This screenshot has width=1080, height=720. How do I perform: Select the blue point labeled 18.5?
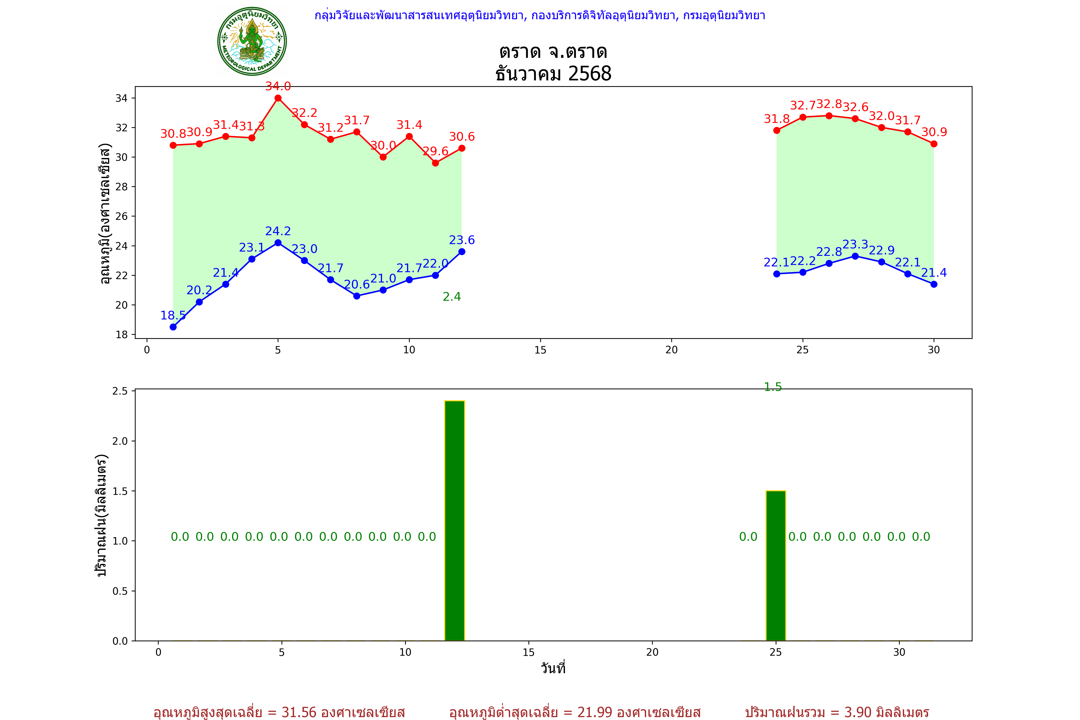(173, 327)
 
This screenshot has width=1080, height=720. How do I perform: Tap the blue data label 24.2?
(278, 231)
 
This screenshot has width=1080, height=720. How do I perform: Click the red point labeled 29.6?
(435, 163)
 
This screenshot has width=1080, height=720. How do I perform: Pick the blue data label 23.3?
(855, 244)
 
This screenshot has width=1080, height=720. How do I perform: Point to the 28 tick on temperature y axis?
(122, 186)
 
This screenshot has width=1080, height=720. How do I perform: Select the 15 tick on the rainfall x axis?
(528, 652)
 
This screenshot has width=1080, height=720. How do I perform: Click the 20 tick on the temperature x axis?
(671, 350)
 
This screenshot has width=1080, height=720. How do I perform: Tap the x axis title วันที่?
(553, 668)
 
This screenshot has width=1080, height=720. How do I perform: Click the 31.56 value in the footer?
(299, 712)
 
